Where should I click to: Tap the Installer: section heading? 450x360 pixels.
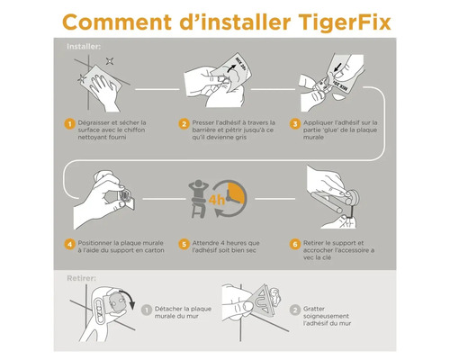point(84,44)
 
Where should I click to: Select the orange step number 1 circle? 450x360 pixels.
point(68,123)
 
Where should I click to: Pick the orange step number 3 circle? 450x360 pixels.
point(294,123)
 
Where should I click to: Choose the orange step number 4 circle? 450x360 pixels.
point(68,243)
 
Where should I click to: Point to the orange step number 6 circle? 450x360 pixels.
point(294,243)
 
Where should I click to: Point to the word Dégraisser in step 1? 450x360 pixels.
point(97,121)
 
